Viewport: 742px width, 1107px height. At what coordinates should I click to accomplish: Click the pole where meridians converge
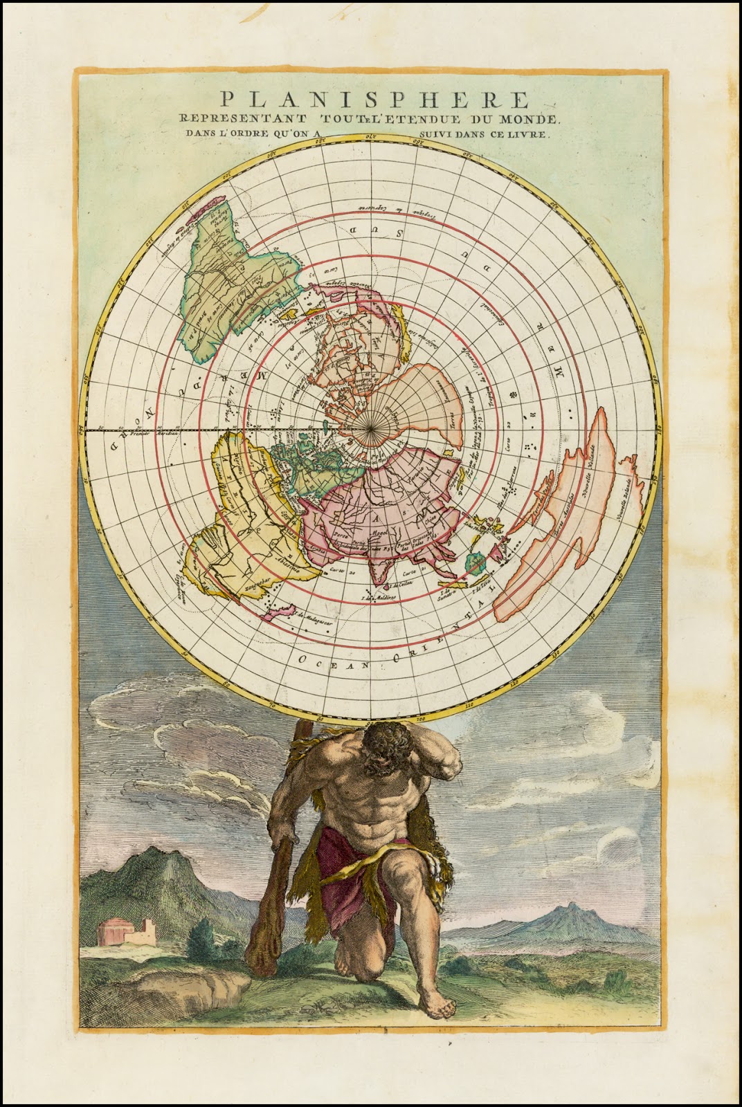tap(372, 430)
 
